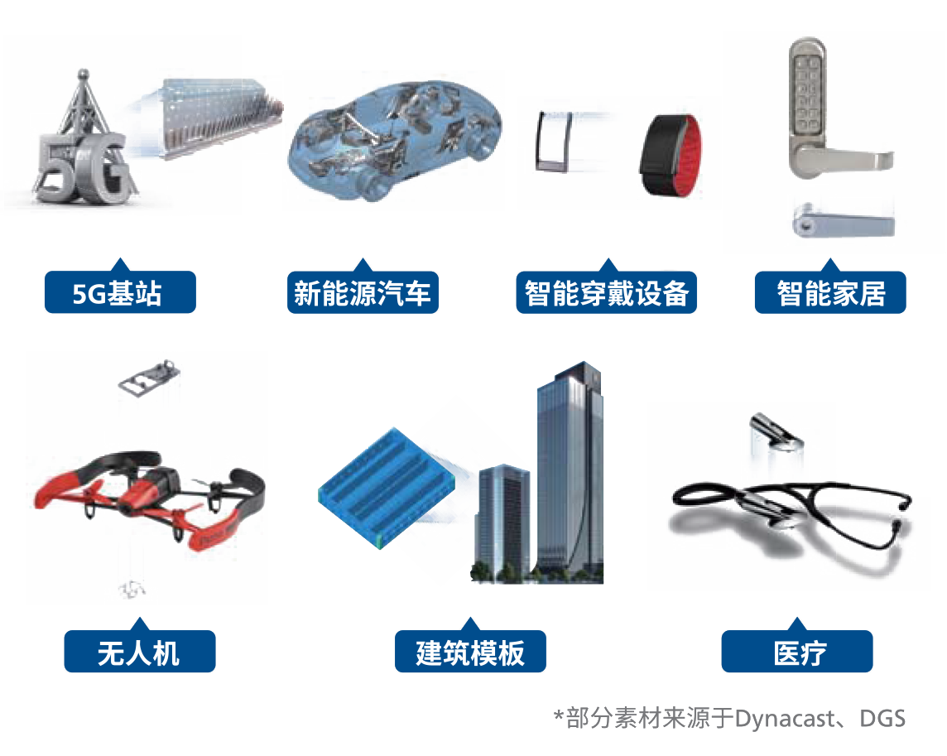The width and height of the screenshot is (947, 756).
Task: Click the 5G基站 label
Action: (120, 292)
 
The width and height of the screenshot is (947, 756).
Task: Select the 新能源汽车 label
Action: (363, 292)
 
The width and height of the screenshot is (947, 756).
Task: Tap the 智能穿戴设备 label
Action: (607, 292)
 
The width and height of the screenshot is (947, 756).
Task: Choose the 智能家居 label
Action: (830, 292)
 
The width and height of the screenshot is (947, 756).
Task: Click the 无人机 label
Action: (140, 652)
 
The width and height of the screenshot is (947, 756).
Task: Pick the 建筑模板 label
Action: (470, 652)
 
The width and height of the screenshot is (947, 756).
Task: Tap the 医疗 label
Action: (797, 652)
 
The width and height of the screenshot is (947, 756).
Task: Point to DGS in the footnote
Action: (882, 719)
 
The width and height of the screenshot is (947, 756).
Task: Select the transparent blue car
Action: (394, 140)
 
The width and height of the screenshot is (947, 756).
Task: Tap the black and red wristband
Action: (671, 156)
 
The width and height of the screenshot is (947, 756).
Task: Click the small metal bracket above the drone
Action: (149, 378)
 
